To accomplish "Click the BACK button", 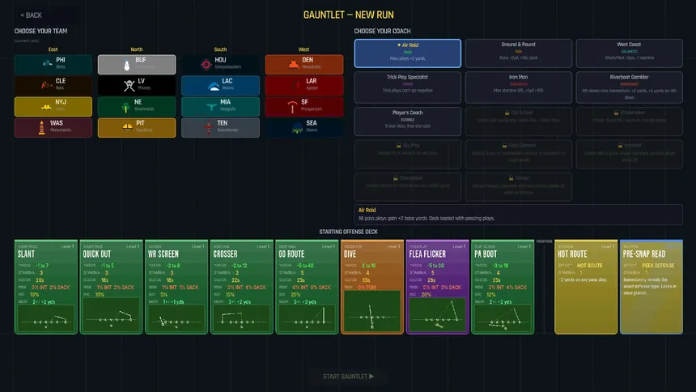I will click(x=32, y=15).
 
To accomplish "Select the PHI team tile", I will click(x=53, y=64).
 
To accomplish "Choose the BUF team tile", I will click(x=137, y=64).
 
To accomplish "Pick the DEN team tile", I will click(x=303, y=64).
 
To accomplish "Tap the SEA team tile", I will click(x=303, y=127).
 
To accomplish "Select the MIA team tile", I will click(x=220, y=106).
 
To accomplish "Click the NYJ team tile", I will click(x=53, y=106).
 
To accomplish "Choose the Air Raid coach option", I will click(x=407, y=53).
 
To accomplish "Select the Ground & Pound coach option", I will click(x=518, y=53).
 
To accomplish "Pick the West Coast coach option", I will click(x=629, y=53).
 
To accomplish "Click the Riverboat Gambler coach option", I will click(x=629, y=85).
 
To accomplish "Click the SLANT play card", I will click(x=45, y=286).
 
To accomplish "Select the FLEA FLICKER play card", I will click(x=437, y=286).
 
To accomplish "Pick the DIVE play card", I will click(x=372, y=286).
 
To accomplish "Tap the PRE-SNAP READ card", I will click(x=651, y=286).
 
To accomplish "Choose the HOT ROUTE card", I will click(x=586, y=286).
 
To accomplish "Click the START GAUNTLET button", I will click(x=348, y=376).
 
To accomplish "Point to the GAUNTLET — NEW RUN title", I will click(x=348, y=15).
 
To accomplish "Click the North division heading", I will click(x=137, y=49).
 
